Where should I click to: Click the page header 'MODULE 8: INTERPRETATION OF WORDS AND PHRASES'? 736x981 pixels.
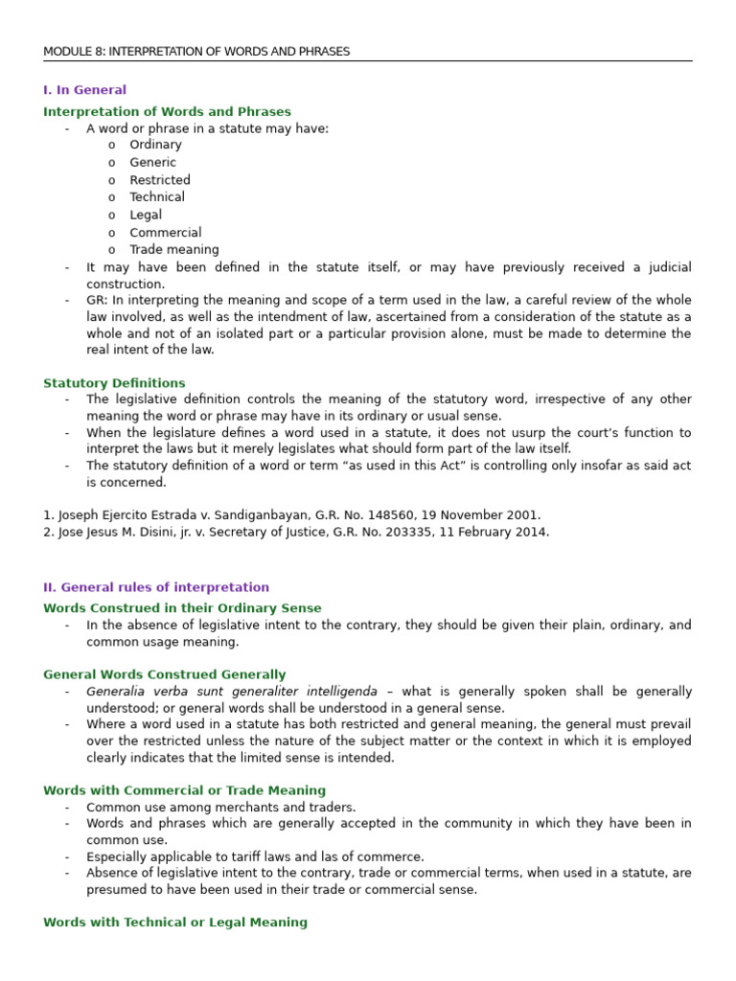tap(196, 52)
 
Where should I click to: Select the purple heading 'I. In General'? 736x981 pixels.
tap(84, 90)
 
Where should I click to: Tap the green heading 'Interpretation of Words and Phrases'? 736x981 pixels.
tap(167, 112)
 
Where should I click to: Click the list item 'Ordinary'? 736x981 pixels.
tap(155, 145)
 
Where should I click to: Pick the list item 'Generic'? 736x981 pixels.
tap(152, 163)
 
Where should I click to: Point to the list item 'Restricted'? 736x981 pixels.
tap(160, 180)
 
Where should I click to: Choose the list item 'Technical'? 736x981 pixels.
tap(157, 197)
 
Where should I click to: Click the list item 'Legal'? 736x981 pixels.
tap(146, 216)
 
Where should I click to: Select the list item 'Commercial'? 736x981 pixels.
tap(166, 233)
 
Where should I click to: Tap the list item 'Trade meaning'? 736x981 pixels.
tap(173, 250)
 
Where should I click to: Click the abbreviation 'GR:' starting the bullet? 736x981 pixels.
tap(98, 300)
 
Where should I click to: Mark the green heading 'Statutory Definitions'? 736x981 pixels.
tap(114, 383)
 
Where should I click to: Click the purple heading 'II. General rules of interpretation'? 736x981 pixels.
tap(156, 587)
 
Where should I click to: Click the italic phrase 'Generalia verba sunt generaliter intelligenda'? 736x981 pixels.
tap(232, 692)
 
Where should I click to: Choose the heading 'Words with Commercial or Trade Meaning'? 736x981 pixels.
tap(184, 791)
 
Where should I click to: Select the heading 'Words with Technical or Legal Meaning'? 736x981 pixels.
tap(175, 923)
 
